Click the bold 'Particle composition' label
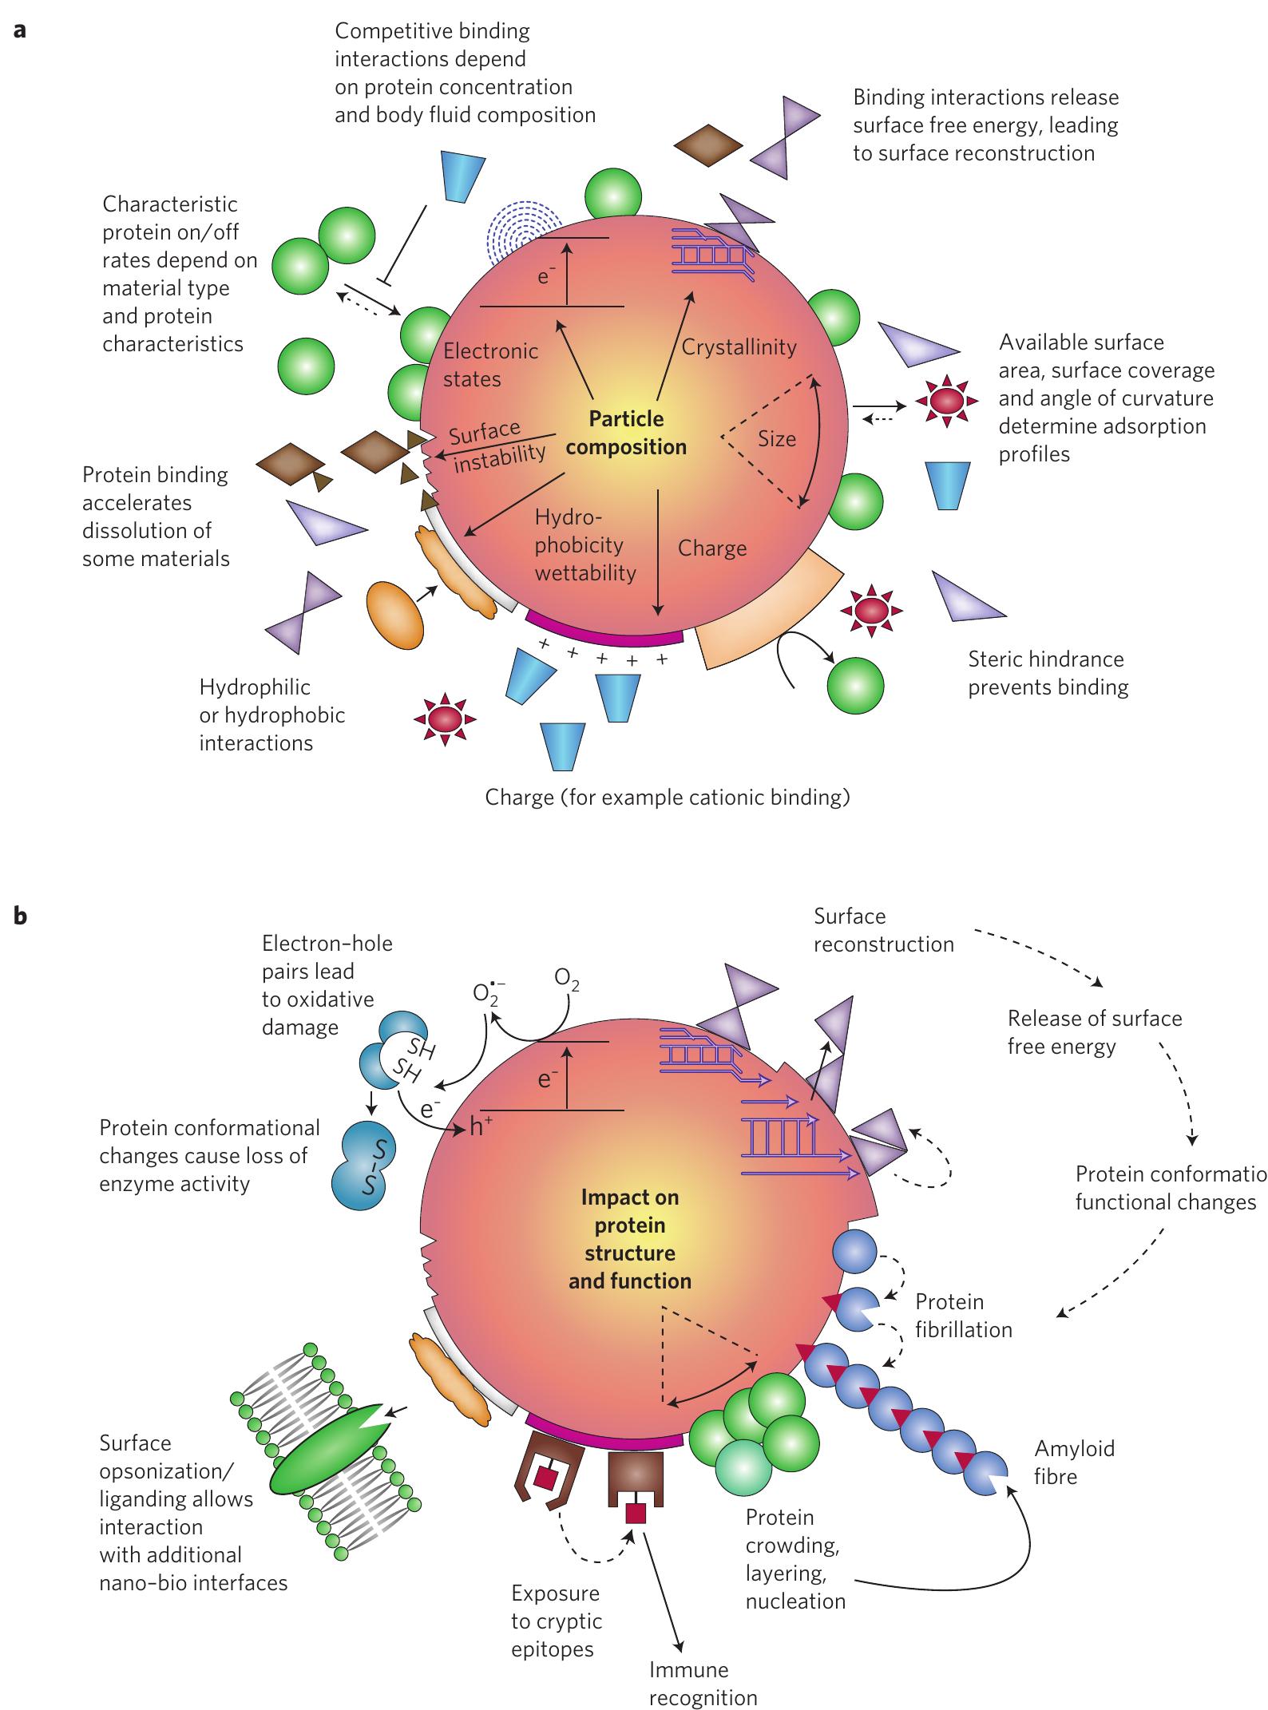click(627, 433)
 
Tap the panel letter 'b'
click(21, 916)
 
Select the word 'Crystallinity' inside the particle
click(739, 347)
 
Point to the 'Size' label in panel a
click(777, 438)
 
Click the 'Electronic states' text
click(490, 365)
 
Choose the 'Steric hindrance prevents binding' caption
click(1048, 673)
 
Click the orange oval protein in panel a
click(394, 614)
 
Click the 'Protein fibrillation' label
click(963, 1316)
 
